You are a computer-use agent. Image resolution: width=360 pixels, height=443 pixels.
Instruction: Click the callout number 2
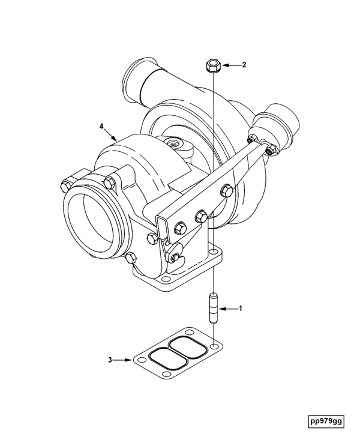244,65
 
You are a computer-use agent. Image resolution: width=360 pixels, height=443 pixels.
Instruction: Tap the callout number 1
241,308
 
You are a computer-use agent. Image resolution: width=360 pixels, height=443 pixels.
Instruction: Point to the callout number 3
110,360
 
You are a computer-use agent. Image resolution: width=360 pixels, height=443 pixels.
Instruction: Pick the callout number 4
101,126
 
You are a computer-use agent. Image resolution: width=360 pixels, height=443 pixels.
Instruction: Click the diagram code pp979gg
326,421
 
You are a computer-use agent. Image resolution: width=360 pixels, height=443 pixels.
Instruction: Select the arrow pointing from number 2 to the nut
230,65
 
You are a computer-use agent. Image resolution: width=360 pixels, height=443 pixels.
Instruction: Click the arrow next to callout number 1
228,309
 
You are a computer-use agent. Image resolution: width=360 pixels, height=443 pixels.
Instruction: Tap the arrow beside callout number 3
123,360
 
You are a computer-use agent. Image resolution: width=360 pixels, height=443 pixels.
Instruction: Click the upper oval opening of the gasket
187,348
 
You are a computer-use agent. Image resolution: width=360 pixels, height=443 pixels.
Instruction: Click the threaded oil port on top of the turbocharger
172,143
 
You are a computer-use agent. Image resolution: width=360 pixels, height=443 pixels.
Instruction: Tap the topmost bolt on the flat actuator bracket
226,190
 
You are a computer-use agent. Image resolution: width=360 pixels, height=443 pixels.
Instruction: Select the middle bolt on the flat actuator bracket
202,216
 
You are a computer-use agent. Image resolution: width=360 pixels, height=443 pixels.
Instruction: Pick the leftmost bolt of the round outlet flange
65,185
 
